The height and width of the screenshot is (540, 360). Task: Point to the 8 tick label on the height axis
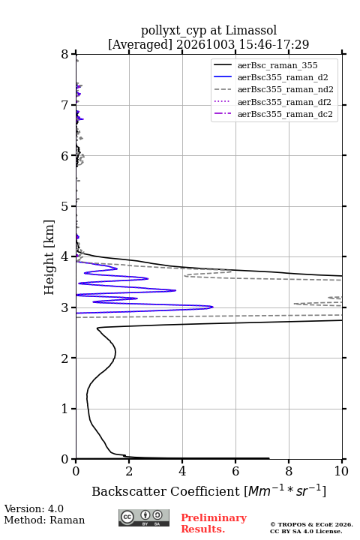pyautogui.click(x=64, y=55)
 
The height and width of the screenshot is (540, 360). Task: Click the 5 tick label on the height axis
pyautogui.click(x=64, y=206)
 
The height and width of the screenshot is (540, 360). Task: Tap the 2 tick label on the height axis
pyautogui.click(x=64, y=358)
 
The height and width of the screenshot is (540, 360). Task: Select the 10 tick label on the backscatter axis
pyautogui.click(x=341, y=471)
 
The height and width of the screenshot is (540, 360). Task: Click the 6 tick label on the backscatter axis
pyautogui.click(x=235, y=471)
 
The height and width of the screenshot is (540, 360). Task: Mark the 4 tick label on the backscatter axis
pyautogui.click(x=182, y=471)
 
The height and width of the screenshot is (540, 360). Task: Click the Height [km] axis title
pyautogui.click(x=49, y=257)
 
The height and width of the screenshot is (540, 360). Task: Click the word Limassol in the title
pyautogui.click(x=251, y=31)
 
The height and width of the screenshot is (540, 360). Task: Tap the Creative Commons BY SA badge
pyautogui.click(x=144, y=518)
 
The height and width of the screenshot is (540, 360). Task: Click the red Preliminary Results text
pyautogui.click(x=214, y=523)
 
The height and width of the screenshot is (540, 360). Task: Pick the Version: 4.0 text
pyautogui.click(x=34, y=508)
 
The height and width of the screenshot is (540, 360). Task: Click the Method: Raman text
pyautogui.click(x=44, y=520)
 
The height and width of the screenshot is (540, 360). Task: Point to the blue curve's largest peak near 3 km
pyautogui.click(x=212, y=307)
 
